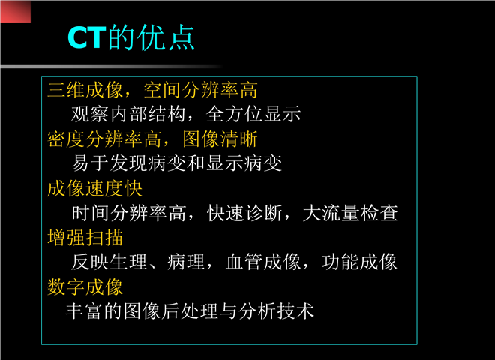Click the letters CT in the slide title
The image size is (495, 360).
pos(86,37)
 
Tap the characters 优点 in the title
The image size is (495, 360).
pos(166,37)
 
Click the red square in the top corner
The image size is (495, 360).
pos(16,12)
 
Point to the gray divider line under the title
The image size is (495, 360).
pos(112,66)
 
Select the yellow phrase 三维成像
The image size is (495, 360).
pos(85,90)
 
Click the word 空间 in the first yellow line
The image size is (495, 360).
pos(162,90)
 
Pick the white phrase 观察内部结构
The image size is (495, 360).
pos(128,114)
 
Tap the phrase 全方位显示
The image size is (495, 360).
pos(253,114)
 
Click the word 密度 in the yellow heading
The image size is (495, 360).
pos(66,139)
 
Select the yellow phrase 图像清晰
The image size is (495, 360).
pos(220,139)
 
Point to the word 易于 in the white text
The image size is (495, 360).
pos(90,163)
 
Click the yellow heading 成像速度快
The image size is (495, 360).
pos(94,188)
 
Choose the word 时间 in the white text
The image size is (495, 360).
pos(90,213)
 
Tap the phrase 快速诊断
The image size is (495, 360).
pos(244,213)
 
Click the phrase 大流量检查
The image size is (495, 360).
pos(350,213)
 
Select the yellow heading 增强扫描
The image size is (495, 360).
pos(85,238)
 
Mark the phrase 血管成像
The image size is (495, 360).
pos(263,262)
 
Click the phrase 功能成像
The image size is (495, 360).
pos(359,262)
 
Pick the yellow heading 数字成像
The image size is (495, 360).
pos(85,286)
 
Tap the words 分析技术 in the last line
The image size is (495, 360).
pos(277,311)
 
